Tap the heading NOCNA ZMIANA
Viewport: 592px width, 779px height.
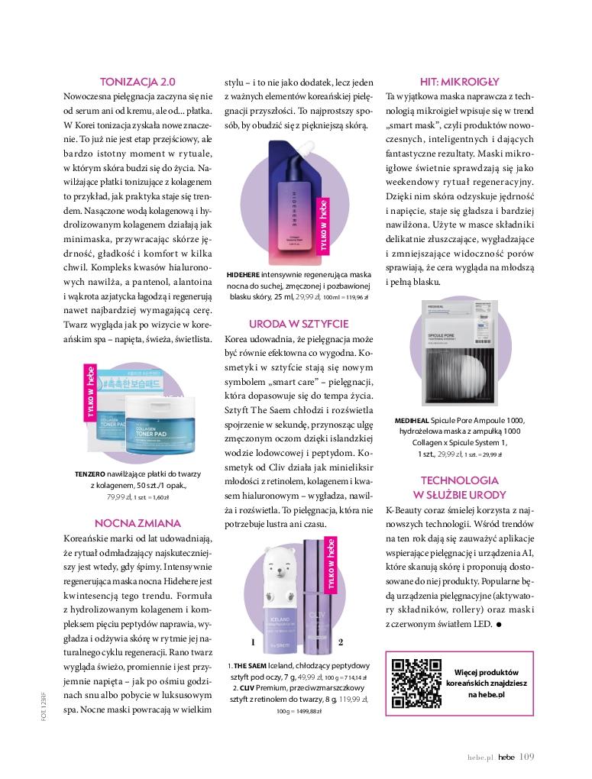(x=137, y=523)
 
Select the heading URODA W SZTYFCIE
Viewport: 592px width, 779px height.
(x=299, y=323)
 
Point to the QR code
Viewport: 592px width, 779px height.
(x=412, y=677)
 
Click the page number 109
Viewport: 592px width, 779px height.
(x=526, y=757)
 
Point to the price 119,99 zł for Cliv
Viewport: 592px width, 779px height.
(x=352, y=699)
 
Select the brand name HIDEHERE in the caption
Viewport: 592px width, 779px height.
(x=244, y=273)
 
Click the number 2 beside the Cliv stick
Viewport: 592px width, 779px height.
(x=341, y=642)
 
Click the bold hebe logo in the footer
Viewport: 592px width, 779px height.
(x=506, y=758)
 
